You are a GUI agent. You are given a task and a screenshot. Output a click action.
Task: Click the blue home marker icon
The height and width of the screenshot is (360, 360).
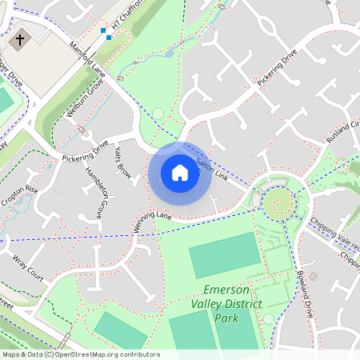(180, 172)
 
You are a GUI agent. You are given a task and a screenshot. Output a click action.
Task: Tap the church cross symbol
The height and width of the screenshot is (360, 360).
(20, 38)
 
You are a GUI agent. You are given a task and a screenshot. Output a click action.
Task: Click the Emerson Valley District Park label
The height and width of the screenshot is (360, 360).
(227, 304)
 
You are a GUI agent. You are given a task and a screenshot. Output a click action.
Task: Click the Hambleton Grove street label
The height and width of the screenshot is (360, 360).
(94, 194)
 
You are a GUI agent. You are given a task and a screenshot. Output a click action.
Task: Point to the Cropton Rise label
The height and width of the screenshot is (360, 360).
(19, 197)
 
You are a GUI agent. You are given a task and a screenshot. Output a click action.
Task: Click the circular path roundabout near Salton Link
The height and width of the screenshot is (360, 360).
(279, 204)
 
